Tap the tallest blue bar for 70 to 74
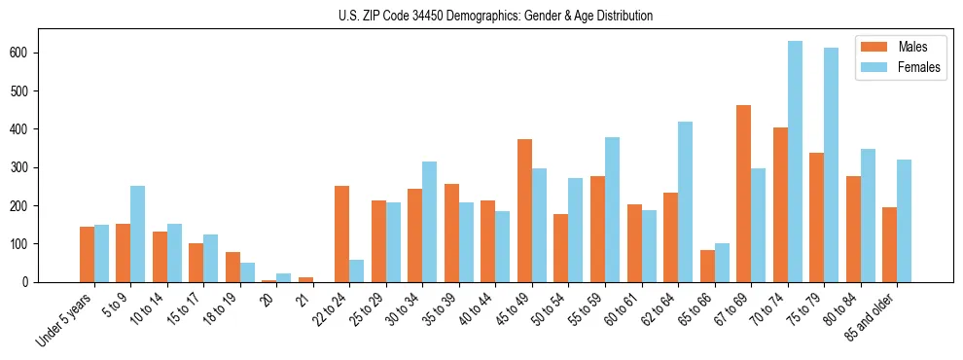[x=795, y=162]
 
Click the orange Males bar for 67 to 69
[x=743, y=194]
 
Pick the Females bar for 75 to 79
[x=831, y=165]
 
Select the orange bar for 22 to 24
[x=341, y=234]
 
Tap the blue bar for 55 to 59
[x=612, y=209]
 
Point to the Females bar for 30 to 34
[x=429, y=222]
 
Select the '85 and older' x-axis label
[x=872, y=318]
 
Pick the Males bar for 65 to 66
[x=706, y=266]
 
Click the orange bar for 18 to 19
[x=232, y=267]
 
